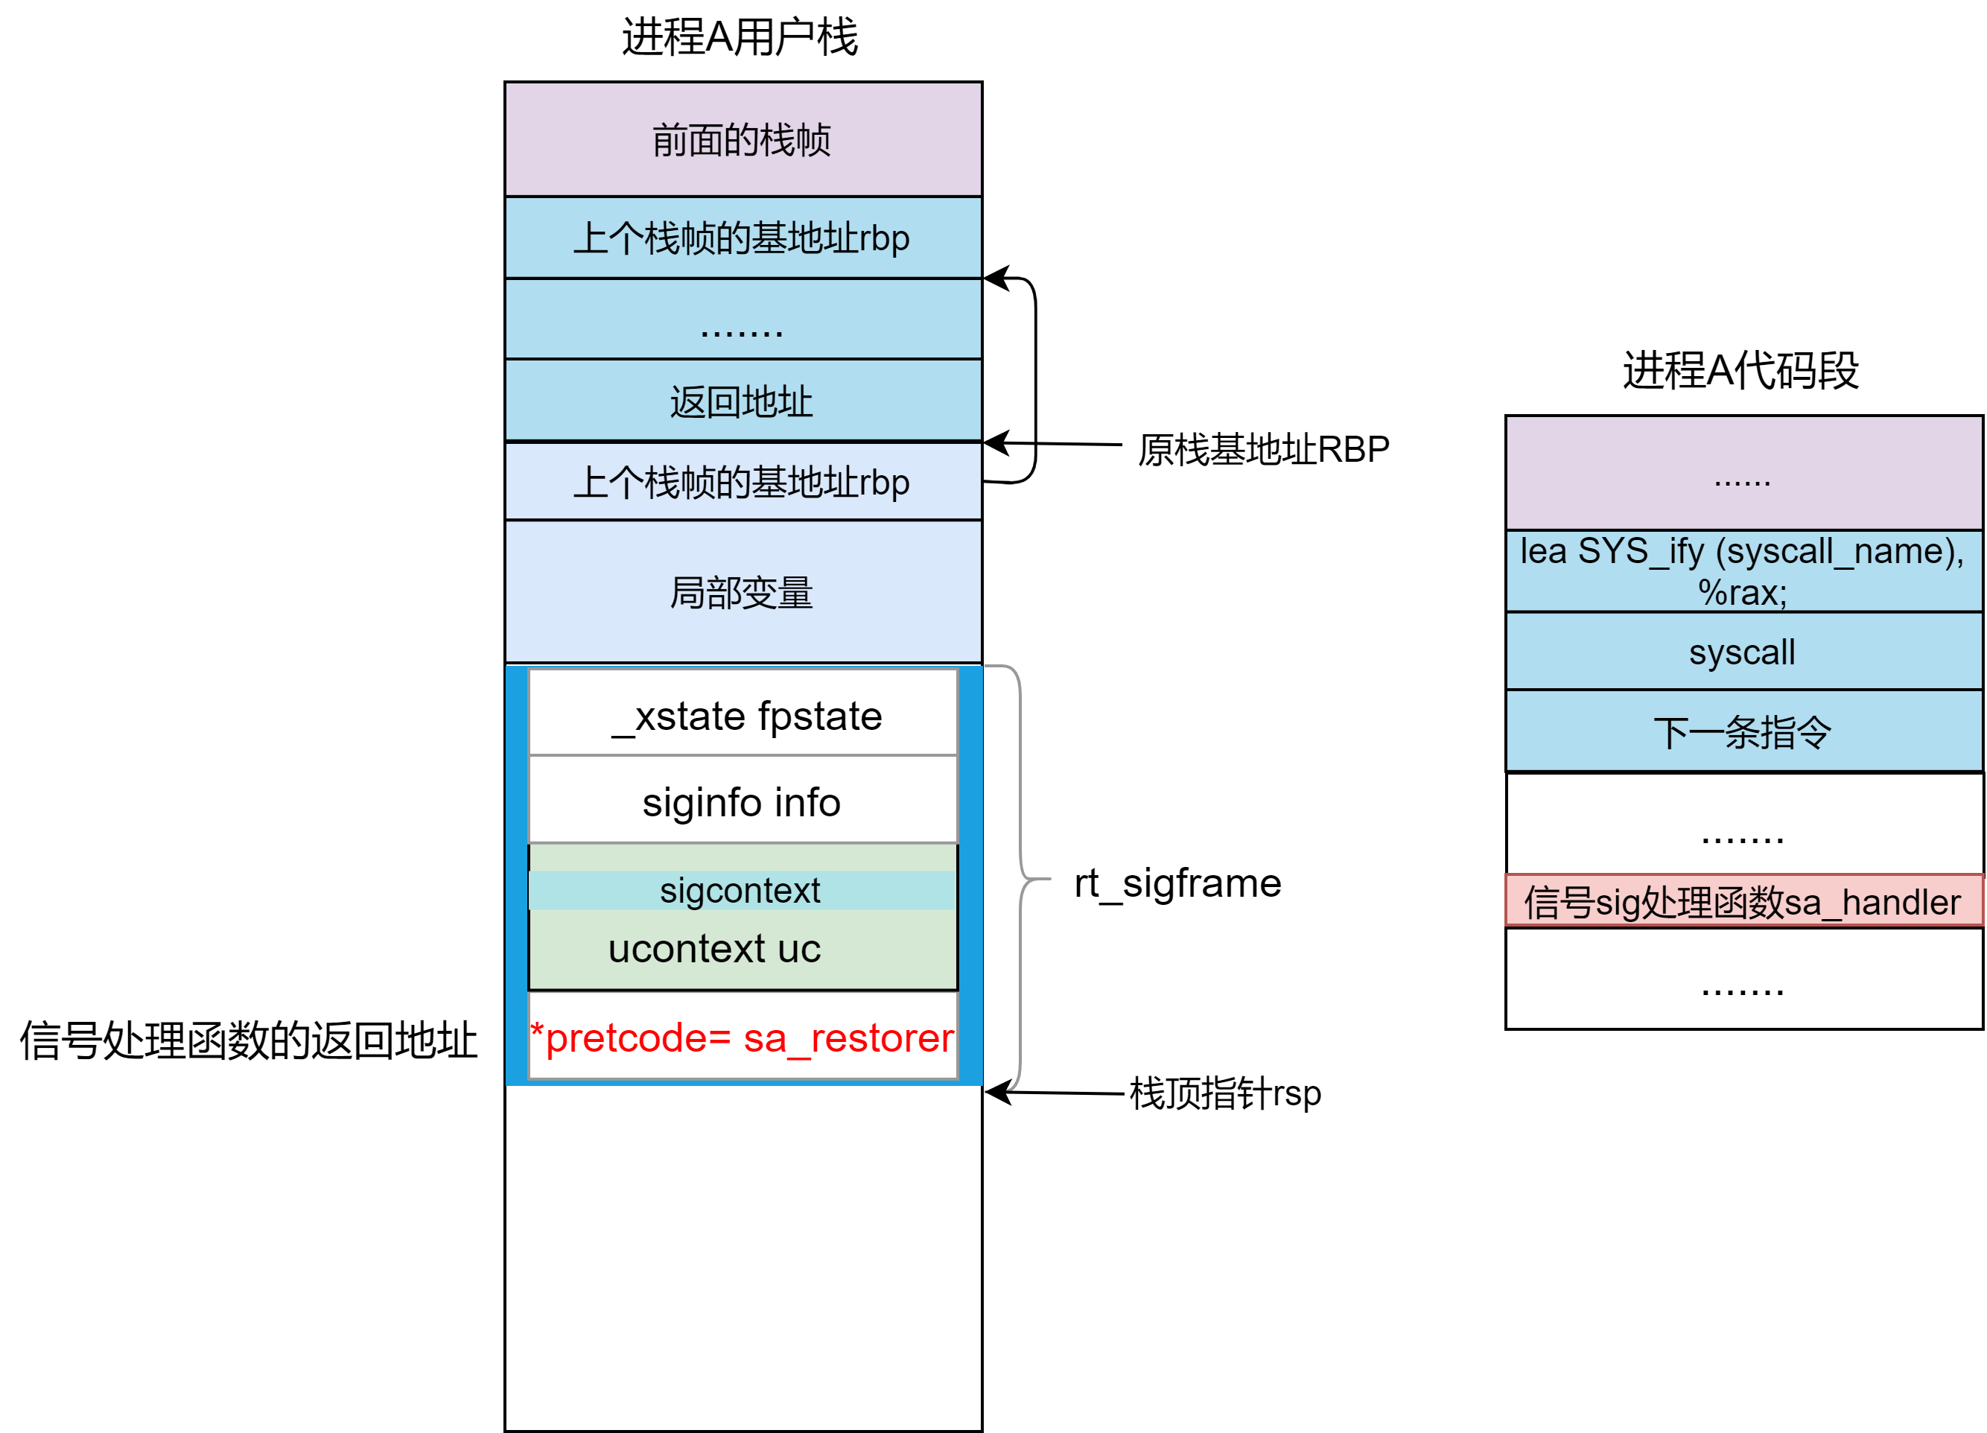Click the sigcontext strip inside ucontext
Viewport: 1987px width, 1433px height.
tap(740, 891)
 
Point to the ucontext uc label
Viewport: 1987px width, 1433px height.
tap(714, 949)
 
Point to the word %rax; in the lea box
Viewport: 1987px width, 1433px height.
tap(1742, 593)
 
